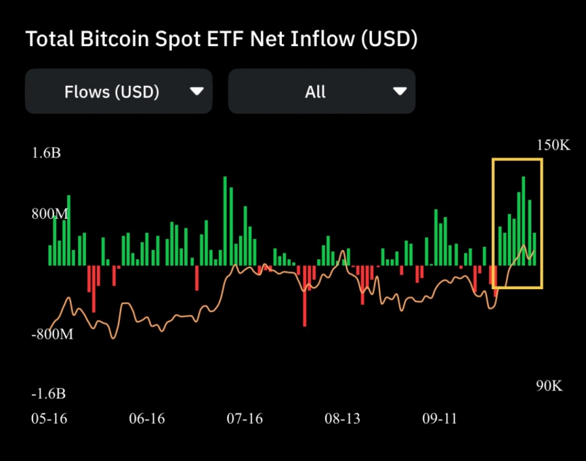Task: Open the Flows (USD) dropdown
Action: pyautogui.click(x=119, y=92)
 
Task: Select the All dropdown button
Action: pyautogui.click(x=321, y=92)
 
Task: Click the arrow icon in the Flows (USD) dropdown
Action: pyautogui.click(x=197, y=92)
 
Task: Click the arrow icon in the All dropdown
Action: pyautogui.click(x=400, y=92)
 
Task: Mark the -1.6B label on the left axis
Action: pyautogui.click(x=48, y=394)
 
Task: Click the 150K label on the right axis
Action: pyautogui.click(x=553, y=145)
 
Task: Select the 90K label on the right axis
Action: pyautogui.click(x=549, y=385)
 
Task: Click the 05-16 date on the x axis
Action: pyautogui.click(x=49, y=418)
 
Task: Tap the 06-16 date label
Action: pyautogui.click(x=146, y=418)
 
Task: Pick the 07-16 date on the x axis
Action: pyautogui.click(x=245, y=418)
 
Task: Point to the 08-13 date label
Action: pyautogui.click(x=342, y=418)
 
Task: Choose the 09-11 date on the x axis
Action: pyautogui.click(x=440, y=418)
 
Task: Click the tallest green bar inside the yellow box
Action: pyautogui.click(x=523, y=221)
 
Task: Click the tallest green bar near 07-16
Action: pyautogui.click(x=225, y=221)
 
